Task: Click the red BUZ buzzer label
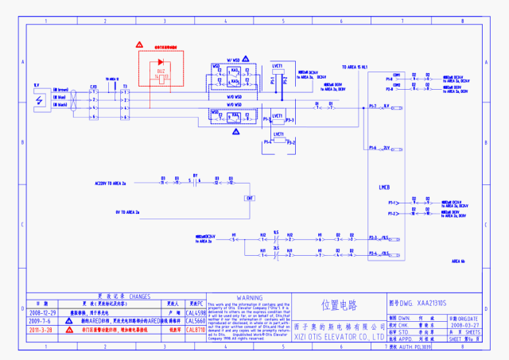[161, 72]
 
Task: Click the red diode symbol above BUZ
[161, 61]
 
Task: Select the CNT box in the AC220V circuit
[250, 197]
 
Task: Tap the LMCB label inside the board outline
[384, 188]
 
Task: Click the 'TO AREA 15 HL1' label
[355, 67]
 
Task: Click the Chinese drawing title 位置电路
[339, 304]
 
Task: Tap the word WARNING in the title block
[249, 297]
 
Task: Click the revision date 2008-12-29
[41, 313]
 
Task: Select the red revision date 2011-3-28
[41, 329]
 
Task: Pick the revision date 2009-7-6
[41, 321]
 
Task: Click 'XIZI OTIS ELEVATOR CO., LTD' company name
[339, 337]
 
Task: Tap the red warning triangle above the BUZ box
[139, 46]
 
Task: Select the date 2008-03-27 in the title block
[465, 325]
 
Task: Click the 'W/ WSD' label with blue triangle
[234, 60]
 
